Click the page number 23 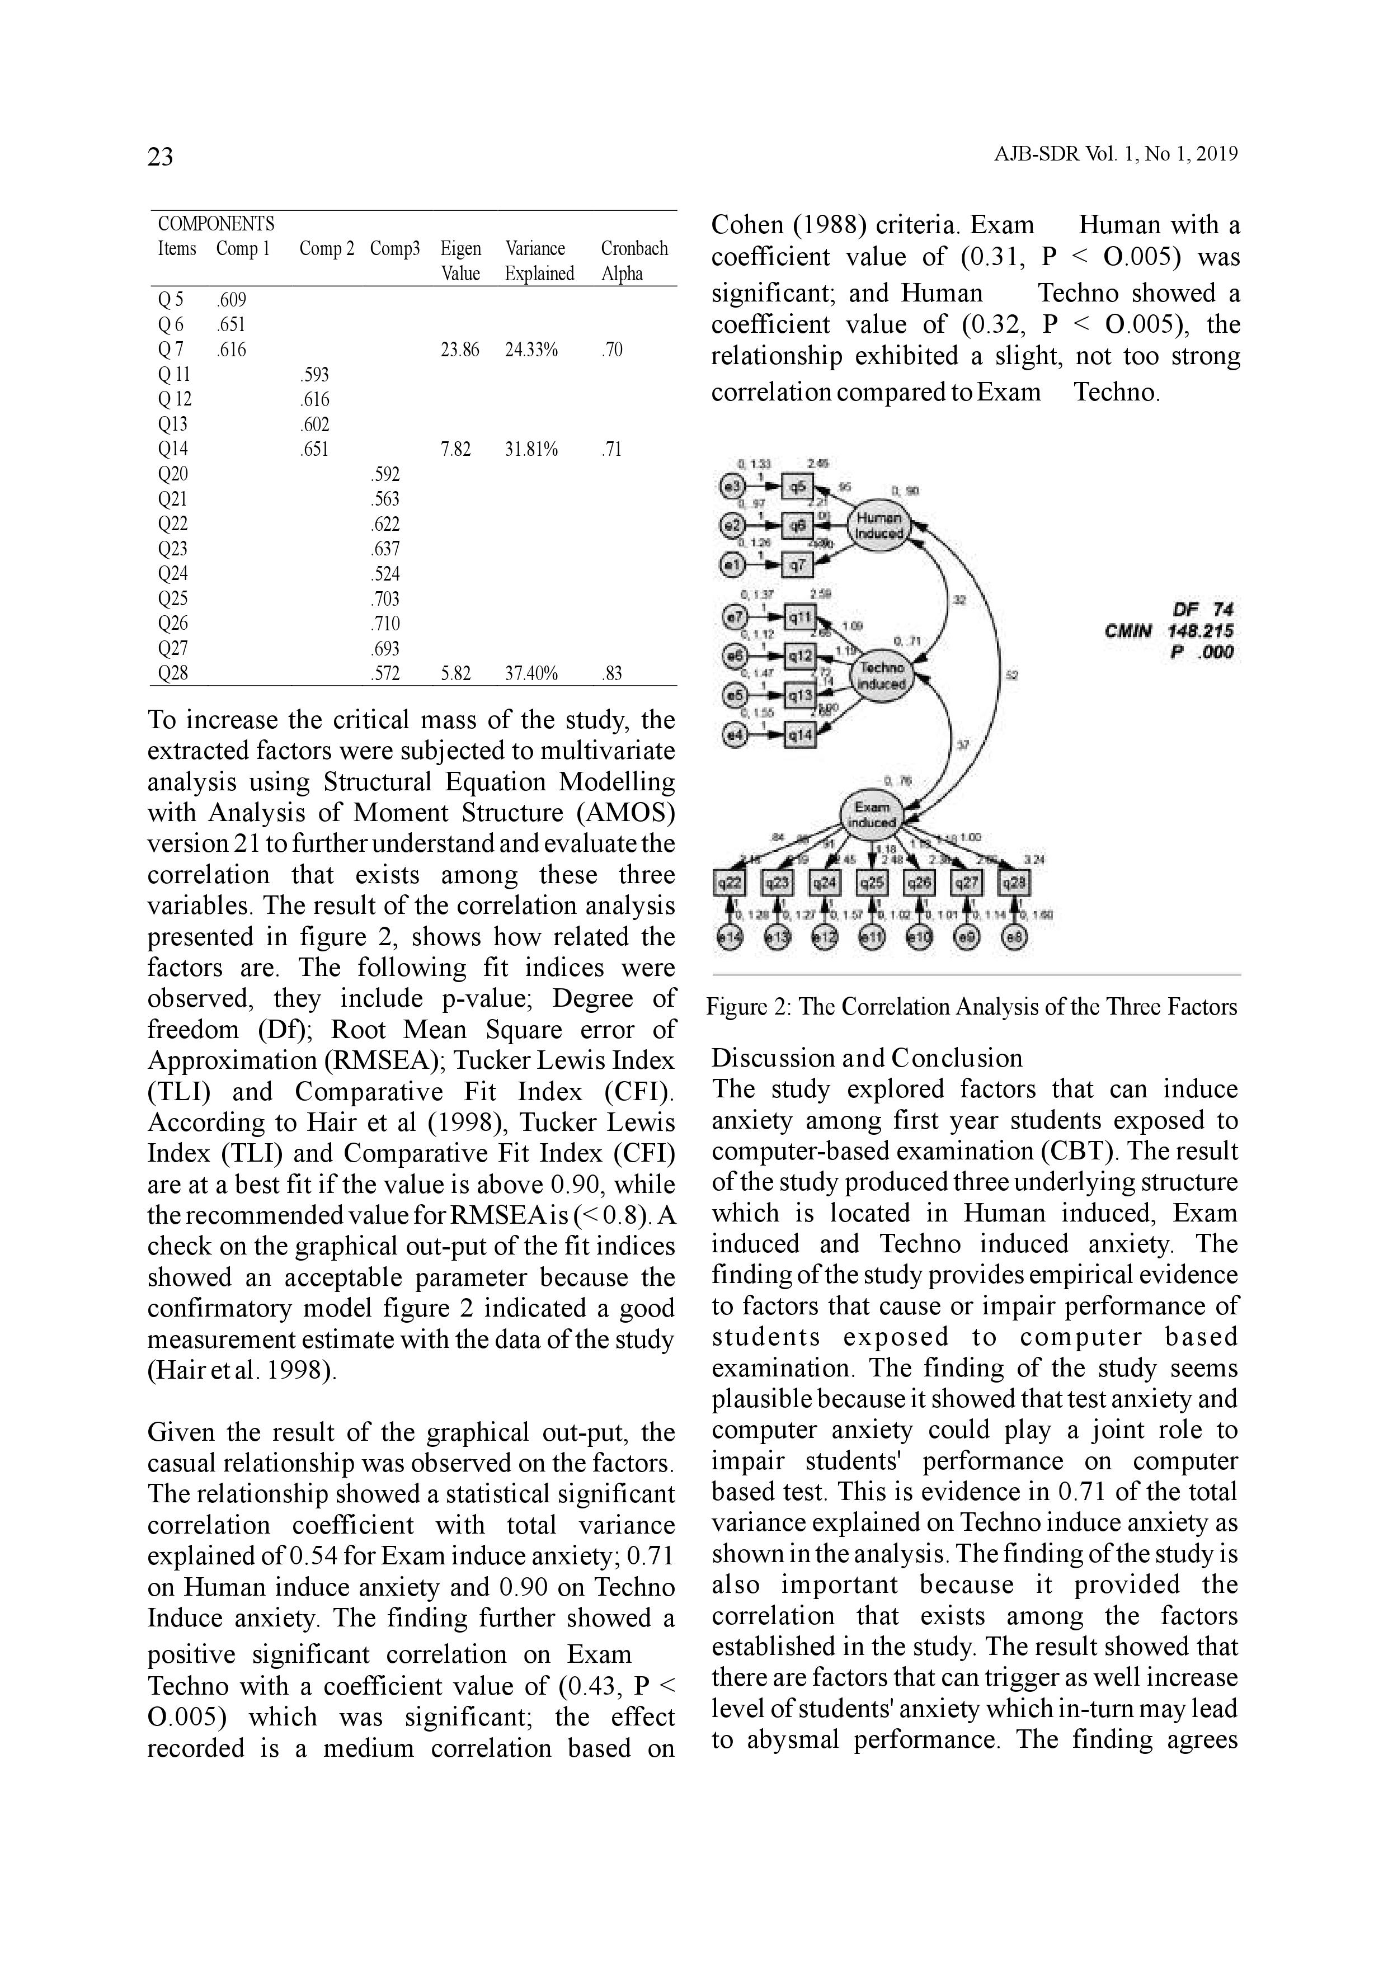[x=160, y=157]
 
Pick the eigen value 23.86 [x=460, y=350]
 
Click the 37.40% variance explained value [x=531, y=673]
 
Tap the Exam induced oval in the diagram [x=872, y=814]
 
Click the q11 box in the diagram [x=801, y=616]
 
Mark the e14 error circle [x=728, y=937]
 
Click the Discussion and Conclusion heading [x=867, y=1058]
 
